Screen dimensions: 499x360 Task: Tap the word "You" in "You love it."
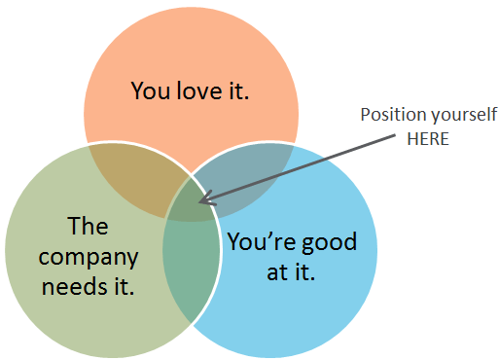point(149,92)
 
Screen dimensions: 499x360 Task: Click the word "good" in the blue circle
point(326,240)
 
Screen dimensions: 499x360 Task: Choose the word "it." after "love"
point(236,92)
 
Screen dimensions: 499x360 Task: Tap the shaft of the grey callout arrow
point(292,171)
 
